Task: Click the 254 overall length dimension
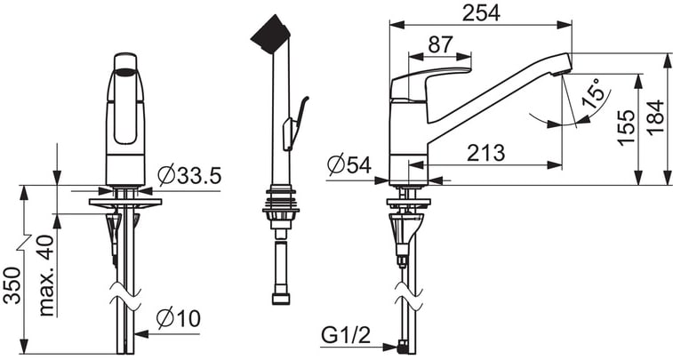pyautogui.click(x=481, y=13)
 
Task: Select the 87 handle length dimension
pyautogui.click(x=440, y=44)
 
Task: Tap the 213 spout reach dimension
pyautogui.click(x=486, y=153)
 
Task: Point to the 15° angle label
pyautogui.click(x=596, y=94)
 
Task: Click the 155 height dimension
pyautogui.click(x=627, y=128)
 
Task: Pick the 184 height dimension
pyautogui.click(x=656, y=118)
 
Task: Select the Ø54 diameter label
pyautogui.click(x=349, y=164)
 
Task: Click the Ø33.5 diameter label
pyautogui.click(x=189, y=174)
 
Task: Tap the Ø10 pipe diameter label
pyautogui.click(x=179, y=318)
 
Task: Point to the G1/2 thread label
pyautogui.click(x=346, y=335)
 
